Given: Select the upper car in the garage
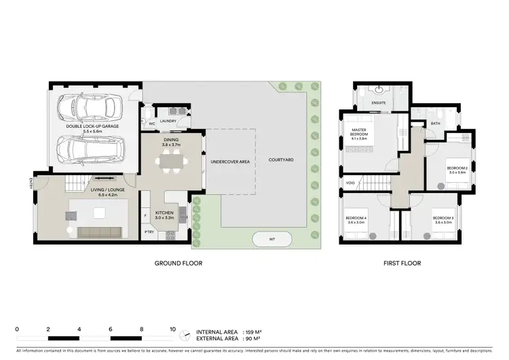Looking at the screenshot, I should point(90,107).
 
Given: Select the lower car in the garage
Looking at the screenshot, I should point(91,147).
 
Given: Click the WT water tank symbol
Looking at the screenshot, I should point(271,239).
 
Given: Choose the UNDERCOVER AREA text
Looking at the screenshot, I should point(231,162).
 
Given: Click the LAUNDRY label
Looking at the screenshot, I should point(169,122).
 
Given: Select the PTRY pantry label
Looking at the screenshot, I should point(149,232).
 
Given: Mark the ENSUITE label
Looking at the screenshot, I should point(379,103).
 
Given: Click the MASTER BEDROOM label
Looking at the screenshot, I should point(359,132).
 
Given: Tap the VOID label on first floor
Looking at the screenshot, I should point(350,183).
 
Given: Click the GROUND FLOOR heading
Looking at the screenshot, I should point(178,264).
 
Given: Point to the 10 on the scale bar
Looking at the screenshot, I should point(172,328).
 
